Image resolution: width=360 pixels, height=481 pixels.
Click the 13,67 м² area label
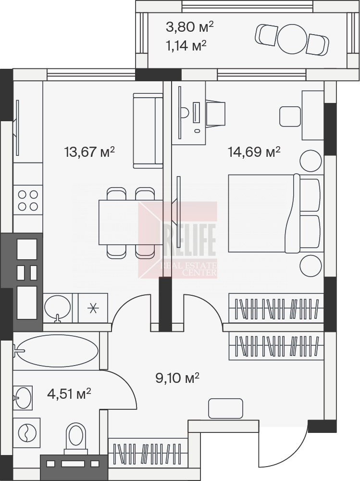89,152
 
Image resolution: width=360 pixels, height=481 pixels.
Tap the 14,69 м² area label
254,152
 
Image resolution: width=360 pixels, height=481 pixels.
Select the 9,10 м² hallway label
177,378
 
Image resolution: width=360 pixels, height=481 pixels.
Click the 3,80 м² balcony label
189,27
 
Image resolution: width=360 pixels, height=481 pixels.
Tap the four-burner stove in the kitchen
27,200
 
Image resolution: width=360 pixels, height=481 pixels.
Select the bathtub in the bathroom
56,350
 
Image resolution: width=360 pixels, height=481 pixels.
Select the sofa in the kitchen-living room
148,131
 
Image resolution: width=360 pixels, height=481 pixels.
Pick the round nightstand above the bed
311,161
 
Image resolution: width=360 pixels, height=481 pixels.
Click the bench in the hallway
225,408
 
